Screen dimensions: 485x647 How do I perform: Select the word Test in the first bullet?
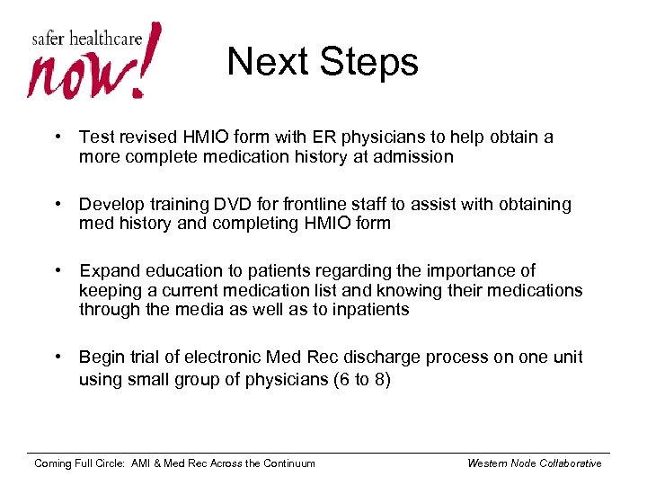point(96,137)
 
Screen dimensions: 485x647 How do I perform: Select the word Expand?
point(109,271)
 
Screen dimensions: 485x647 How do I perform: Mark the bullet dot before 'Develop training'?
point(58,205)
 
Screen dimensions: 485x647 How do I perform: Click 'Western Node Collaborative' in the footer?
point(535,463)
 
